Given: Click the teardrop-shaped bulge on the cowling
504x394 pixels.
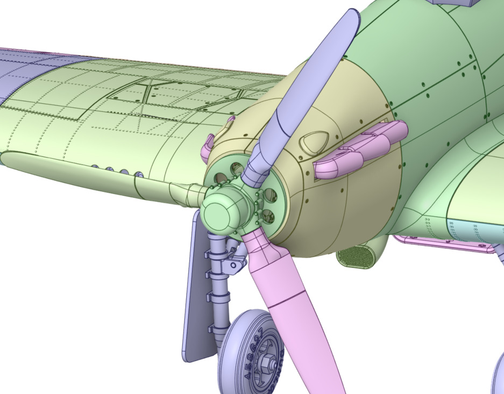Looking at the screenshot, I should pyautogui.click(x=315, y=142).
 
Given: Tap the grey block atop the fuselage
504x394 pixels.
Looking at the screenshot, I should pyautogui.click(x=455, y=3).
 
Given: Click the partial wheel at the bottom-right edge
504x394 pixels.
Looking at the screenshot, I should pyautogui.click(x=498, y=376).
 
